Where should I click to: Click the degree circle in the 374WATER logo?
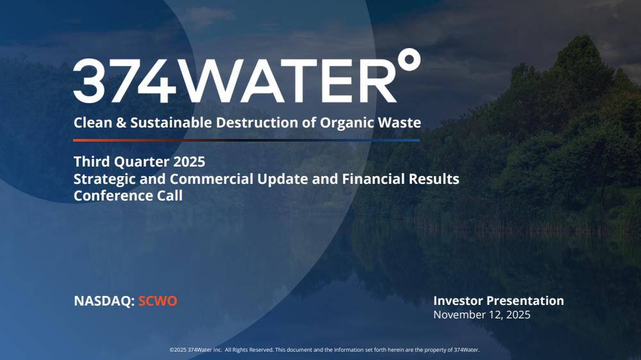pyautogui.click(x=409, y=59)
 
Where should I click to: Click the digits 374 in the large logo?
pyautogui.click(x=125, y=81)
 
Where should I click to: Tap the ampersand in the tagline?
pyautogui.click(x=121, y=122)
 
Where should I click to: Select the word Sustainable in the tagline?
pyautogui.click(x=171, y=122)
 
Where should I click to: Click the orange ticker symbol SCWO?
pyautogui.click(x=158, y=301)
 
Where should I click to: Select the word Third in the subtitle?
pyautogui.click(x=92, y=161)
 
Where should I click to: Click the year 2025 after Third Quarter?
pyautogui.click(x=189, y=162)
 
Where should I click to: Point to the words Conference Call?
pyautogui.click(x=128, y=195)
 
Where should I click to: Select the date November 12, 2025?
pyautogui.click(x=482, y=315)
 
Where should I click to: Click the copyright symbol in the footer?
pyautogui.click(x=172, y=350)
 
